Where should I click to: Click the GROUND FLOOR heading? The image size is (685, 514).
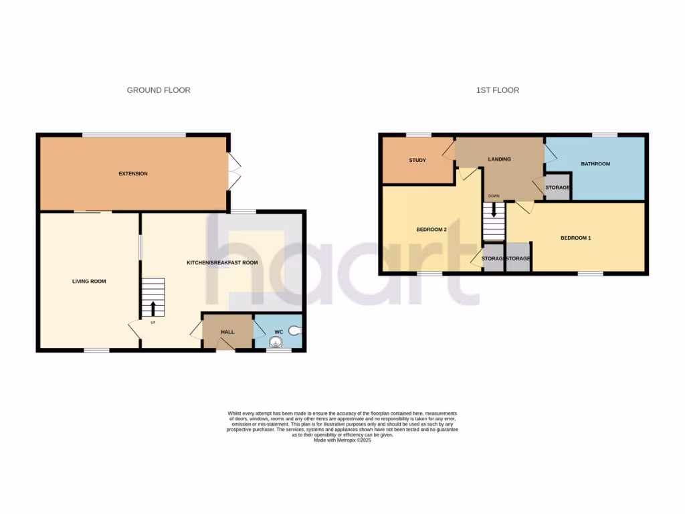[x=159, y=90]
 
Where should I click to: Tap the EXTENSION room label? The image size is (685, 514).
[x=133, y=174]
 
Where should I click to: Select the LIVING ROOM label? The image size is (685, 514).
[x=89, y=281]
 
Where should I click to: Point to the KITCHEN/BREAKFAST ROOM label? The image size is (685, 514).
[x=222, y=262]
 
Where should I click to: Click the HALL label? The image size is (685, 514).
[x=227, y=332]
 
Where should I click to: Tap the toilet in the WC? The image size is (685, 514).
[x=296, y=330]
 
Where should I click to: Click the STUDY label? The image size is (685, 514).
[x=417, y=161]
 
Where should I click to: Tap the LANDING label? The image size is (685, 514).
[x=499, y=159]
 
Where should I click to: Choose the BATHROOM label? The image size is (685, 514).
[x=595, y=164]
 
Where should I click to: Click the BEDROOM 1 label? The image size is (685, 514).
[x=575, y=238]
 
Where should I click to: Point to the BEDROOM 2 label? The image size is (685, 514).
[x=431, y=230]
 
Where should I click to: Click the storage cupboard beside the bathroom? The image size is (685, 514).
[x=557, y=188]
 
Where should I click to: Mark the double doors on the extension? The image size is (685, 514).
[x=233, y=170]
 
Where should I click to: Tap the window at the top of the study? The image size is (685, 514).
[x=417, y=135]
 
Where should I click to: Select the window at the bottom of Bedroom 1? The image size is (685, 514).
[x=590, y=273]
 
